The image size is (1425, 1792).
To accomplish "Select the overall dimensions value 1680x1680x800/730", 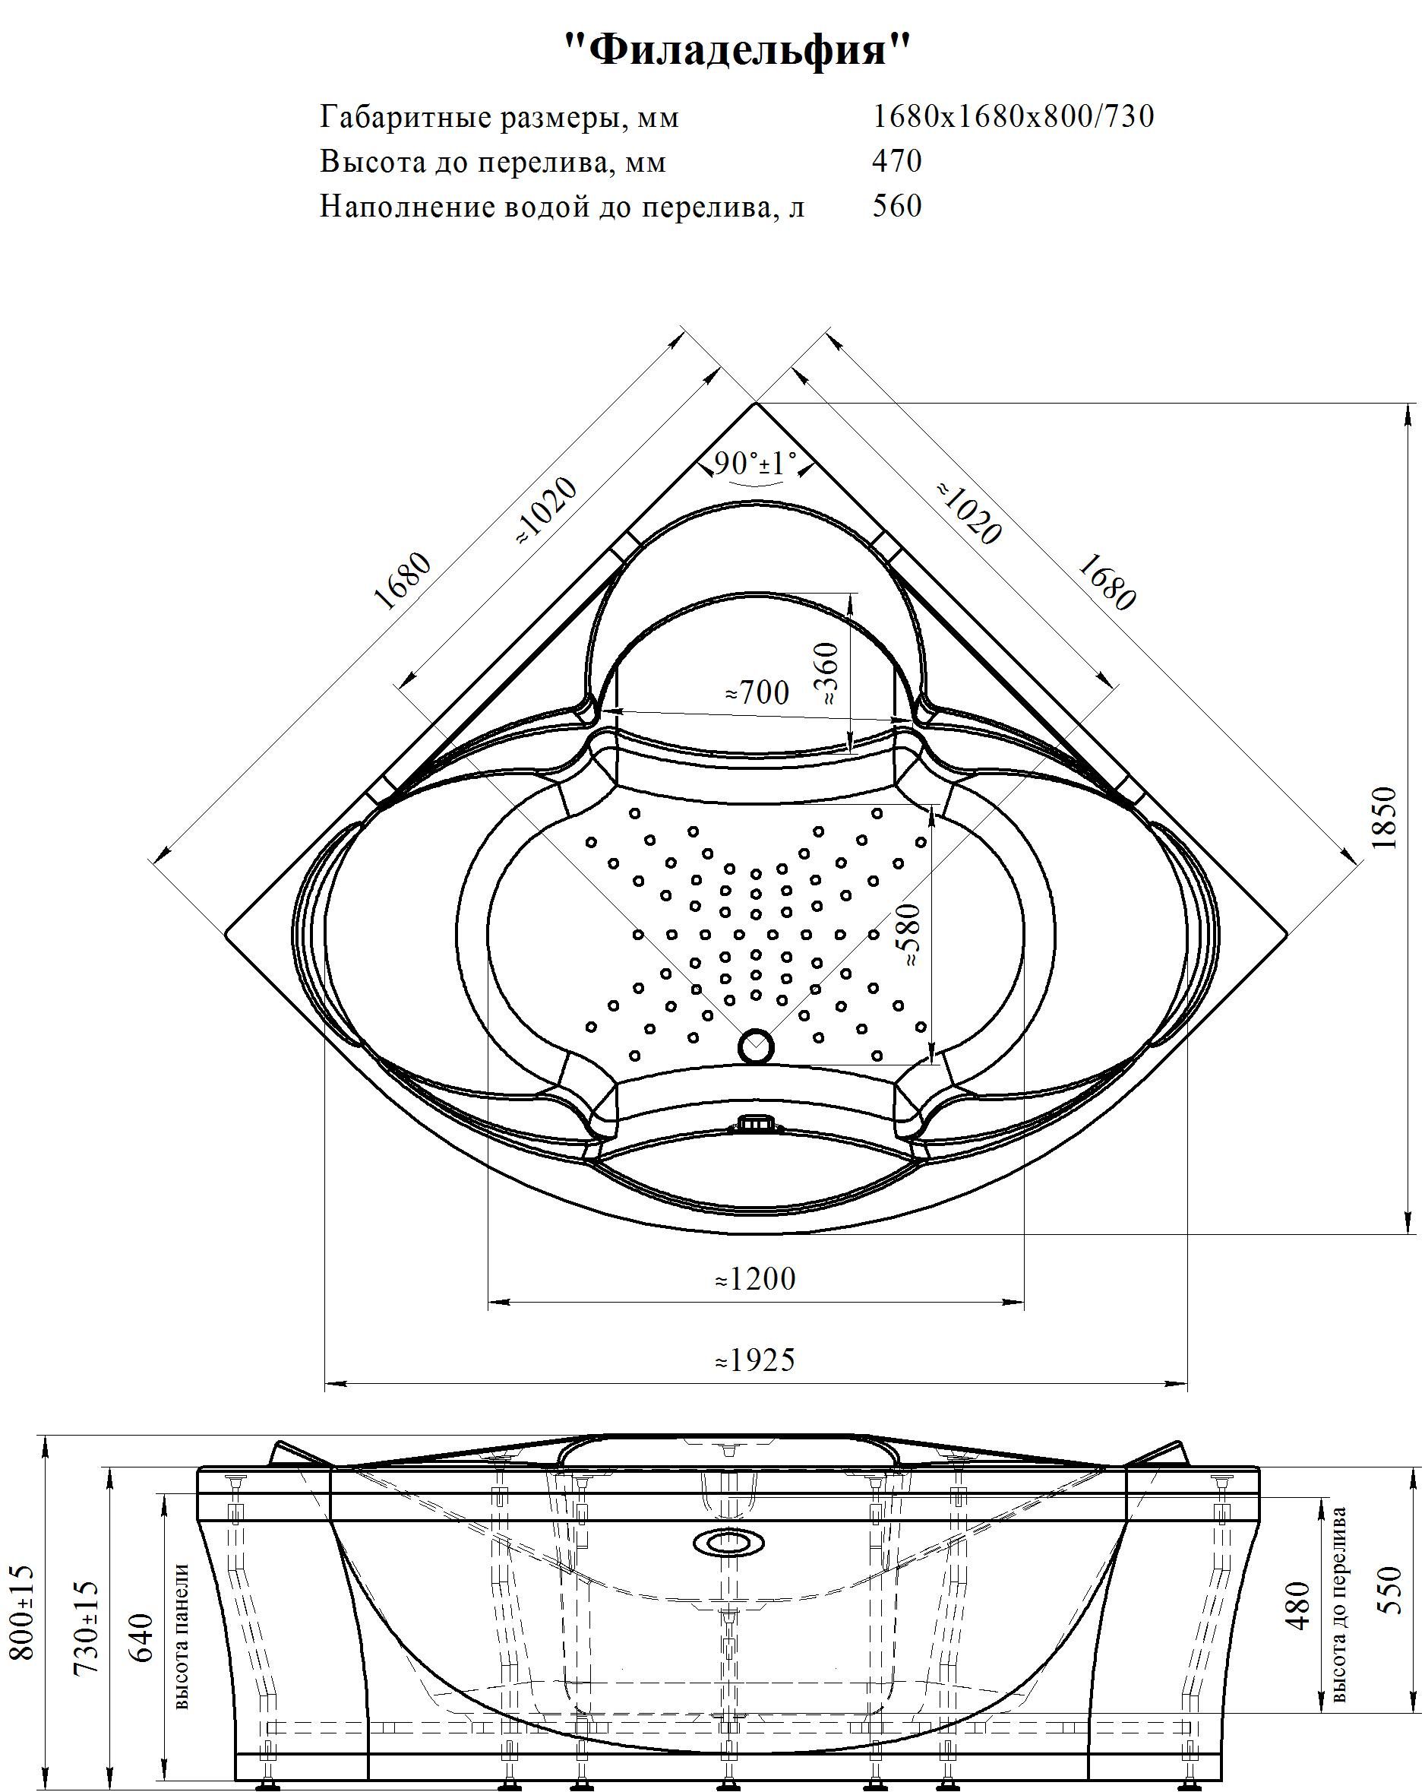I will click(1013, 117).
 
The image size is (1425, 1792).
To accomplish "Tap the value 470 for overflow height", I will click(896, 161).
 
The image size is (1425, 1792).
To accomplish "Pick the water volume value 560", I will click(896, 205).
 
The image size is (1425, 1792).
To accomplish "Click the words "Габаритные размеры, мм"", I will click(499, 117).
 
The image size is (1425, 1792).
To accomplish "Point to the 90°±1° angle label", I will click(754, 463).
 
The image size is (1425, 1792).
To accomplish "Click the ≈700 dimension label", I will click(756, 692).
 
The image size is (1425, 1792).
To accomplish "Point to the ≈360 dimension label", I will click(828, 673).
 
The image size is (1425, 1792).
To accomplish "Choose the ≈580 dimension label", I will click(911, 934).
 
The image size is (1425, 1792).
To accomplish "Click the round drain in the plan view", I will click(755, 1046).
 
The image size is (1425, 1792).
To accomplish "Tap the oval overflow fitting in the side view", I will click(728, 1543).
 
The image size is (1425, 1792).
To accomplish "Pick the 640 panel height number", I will click(143, 1638).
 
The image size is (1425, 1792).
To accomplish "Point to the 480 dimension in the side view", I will click(1298, 1605).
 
